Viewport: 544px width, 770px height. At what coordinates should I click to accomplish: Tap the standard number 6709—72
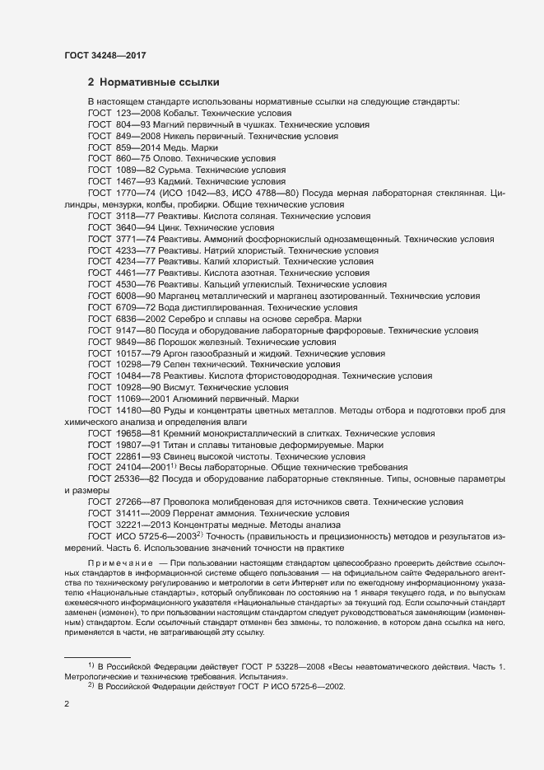[133, 306]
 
